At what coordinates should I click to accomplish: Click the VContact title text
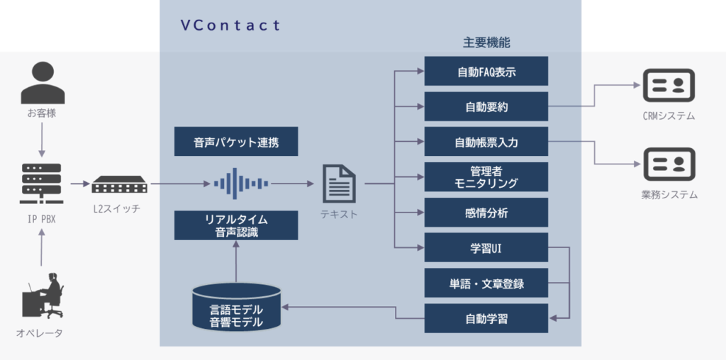click(x=230, y=26)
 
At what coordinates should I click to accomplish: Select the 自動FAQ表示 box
click(x=486, y=72)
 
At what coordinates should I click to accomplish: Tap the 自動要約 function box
click(x=486, y=107)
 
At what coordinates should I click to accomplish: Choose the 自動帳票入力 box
click(x=486, y=142)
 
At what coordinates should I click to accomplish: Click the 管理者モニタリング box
click(x=486, y=177)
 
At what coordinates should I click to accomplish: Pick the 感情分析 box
click(x=486, y=213)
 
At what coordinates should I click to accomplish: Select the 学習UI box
click(x=486, y=248)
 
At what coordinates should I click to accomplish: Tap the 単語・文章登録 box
click(x=486, y=283)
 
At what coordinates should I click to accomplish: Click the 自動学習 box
click(x=486, y=318)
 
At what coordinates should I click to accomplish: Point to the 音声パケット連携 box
click(x=236, y=142)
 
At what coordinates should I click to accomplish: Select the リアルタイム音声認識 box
click(x=236, y=225)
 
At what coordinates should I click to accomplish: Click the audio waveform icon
click(x=240, y=184)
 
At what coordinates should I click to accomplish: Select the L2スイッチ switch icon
click(x=121, y=185)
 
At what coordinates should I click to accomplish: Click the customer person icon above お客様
click(x=42, y=83)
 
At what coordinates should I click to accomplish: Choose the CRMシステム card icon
click(x=668, y=86)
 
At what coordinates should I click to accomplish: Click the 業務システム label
click(x=669, y=194)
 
